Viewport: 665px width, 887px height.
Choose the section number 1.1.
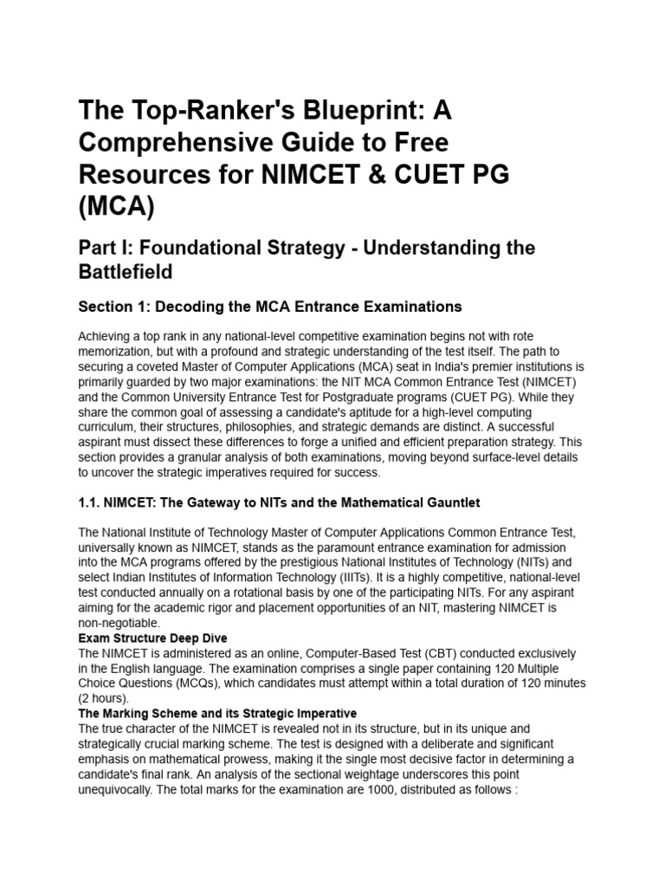tap(88, 502)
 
